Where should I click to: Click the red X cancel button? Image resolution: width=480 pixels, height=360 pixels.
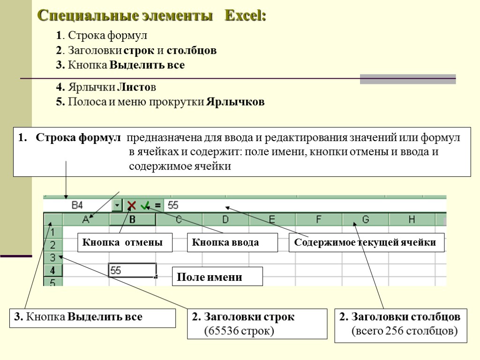pyautogui.click(x=132, y=205)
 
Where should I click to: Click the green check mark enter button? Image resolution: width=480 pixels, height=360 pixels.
pyautogui.click(x=145, y=205)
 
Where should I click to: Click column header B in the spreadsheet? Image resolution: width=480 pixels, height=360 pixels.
pyautogui.click(x=133, y=219)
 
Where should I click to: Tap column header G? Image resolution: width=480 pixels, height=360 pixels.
pyautogui.click(x=366, y=219)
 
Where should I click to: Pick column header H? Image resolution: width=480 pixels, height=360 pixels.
pyautogui.click(x=412, y=219)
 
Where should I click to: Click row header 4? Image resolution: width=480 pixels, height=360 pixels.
pyautogui.click(x=53, y=270)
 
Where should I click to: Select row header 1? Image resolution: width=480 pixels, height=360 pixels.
pyautogui.click(x=53, y=232)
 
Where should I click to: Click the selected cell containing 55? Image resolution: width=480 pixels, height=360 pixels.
pyautogui.click(x=132, y=270)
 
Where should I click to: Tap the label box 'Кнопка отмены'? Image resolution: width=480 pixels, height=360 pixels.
pyautogui.click(x=125, y=242)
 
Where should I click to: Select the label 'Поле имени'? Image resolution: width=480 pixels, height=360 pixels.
pyautogui.click(x=218, y=277)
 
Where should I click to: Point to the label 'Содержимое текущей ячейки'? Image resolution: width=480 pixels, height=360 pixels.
pyautogui.click(x=366, y=242)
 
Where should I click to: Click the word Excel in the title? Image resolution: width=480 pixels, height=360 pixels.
pyautogui.click(x=246, y=16)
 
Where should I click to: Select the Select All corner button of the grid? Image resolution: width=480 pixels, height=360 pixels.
pyautogui.click(x=53, y=219)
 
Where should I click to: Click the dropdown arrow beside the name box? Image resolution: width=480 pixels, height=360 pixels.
pyautogui.click(x=117, y=205)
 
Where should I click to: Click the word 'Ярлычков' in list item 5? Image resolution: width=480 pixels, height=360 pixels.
pyautogui.click(x=235, y=102)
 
